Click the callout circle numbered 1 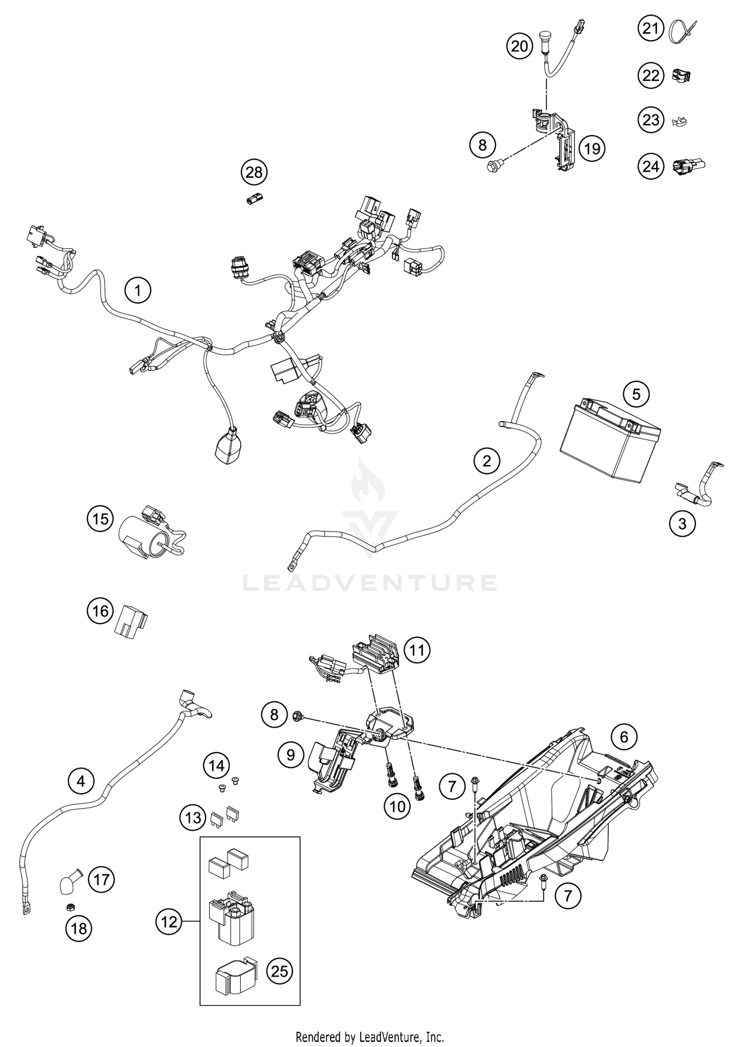138,290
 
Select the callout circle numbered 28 254,172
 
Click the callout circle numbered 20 519,46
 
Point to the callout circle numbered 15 100,519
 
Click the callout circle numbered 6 624,737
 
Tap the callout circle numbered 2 487,461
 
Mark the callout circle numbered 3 682,523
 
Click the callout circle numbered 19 592,148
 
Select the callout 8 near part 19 482,145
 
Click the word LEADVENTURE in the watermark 370,582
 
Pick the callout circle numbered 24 651,166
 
